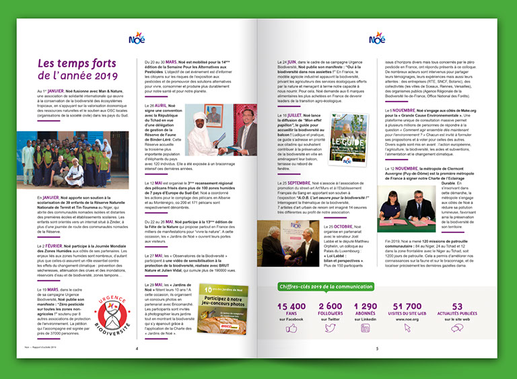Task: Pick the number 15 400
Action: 291,306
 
